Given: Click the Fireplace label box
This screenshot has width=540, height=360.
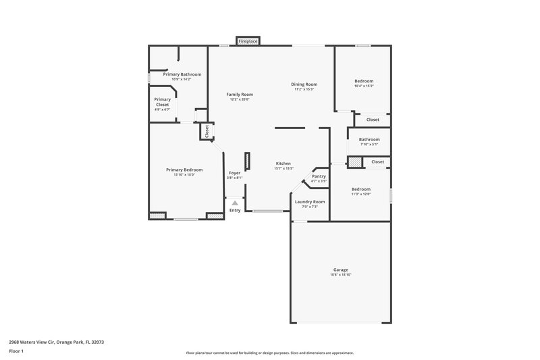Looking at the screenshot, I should click(x=248, y=42).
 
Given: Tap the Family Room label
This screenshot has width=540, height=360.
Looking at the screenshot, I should click(x=240, y=94).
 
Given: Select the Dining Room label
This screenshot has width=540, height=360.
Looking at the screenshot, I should click(x=304, y=84).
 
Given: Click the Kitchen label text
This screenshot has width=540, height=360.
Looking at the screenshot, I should click(x=283, y=164).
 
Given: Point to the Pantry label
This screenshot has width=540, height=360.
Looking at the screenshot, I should click(x=319, y=176).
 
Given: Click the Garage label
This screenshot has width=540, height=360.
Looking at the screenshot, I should click(x=340, y=269).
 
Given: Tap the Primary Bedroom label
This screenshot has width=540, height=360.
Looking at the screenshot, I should click(x=184, y=170).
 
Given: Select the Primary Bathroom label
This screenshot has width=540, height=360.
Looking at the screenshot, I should click(x=182, y=74).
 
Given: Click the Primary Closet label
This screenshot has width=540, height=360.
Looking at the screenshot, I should click(x=163, y=102).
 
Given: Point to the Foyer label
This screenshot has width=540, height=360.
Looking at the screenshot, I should click(x=234, y=173).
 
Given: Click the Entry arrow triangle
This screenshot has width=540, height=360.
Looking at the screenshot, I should click(x=235, y=202).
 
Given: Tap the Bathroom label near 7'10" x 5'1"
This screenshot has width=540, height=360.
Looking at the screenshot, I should click(x=369, y=140).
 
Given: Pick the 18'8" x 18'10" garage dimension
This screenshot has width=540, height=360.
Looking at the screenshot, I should click(x=340, y=275).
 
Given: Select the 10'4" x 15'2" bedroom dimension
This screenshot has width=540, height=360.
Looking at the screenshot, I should click(x=364, y=86).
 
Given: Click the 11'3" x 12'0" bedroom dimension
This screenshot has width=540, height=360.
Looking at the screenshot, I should click(x=360, y=195).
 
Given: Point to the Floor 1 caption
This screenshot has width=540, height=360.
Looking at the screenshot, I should click(x=16, y=351).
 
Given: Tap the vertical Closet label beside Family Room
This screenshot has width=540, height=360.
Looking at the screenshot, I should click(x=207, y=131).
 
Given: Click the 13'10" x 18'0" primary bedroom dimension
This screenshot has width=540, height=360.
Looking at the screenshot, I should click(x=184, y=175).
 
